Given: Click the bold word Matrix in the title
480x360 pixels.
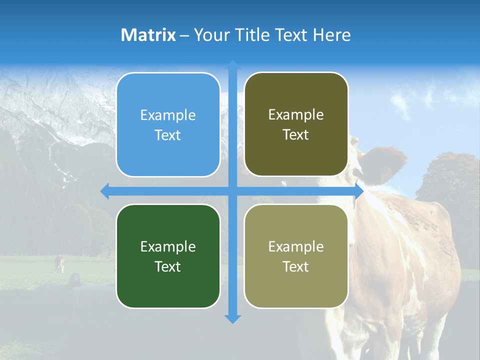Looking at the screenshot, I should [148, 35].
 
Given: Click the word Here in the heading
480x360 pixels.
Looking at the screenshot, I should [331, 35].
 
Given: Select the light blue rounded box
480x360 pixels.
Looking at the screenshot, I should [168, 125].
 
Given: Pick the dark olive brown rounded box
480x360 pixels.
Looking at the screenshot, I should [296, 124].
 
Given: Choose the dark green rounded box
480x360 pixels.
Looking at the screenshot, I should [168, 256].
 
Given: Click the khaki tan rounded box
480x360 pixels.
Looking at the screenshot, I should [296, 256].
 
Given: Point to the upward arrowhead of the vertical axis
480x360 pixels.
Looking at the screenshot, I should [232, 64].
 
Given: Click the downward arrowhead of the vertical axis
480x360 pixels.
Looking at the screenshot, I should [232, 318].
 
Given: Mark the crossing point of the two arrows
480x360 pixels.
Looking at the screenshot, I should [232, 191].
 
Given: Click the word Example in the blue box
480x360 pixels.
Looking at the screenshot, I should [168, 115].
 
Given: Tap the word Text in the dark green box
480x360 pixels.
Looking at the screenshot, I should [168, 266].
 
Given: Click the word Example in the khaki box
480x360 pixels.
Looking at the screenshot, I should [296, 246].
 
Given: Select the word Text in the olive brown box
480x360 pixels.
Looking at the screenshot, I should [296, 135].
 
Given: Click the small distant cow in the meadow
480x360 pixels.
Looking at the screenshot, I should [59, 263].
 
